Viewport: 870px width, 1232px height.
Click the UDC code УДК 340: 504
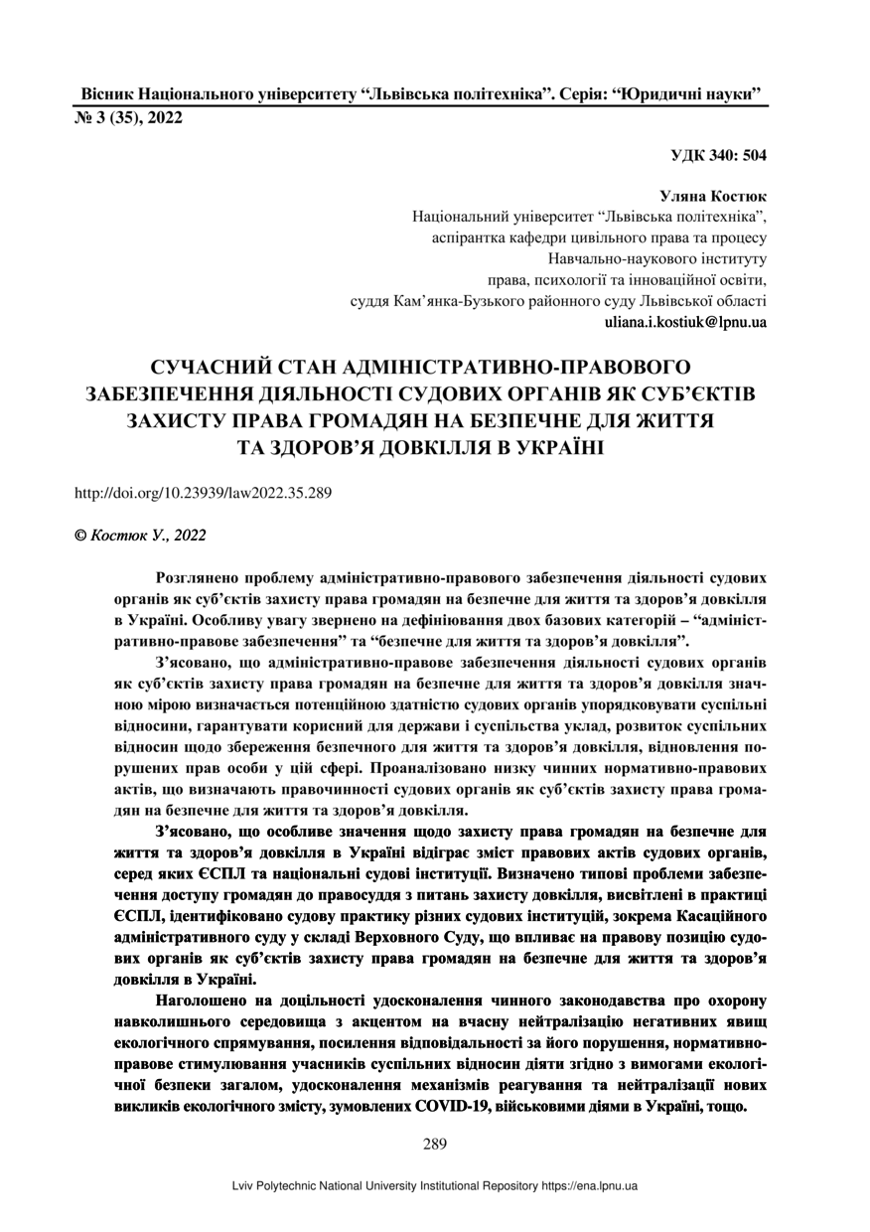pyautogui.click(x=719, y=155)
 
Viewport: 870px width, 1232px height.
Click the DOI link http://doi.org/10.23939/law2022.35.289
pyautogui.click(x=204, y=492)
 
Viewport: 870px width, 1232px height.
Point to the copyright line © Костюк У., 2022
pyautogui.click(x=140, y=536)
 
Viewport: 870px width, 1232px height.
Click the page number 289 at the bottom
pyautogui.click(x=435, y=1144)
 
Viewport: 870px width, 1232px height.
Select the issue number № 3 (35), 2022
pyautogui.click(x=129, y=116)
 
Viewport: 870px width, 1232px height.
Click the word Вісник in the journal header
pyautogui.click(x=105, y=93)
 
